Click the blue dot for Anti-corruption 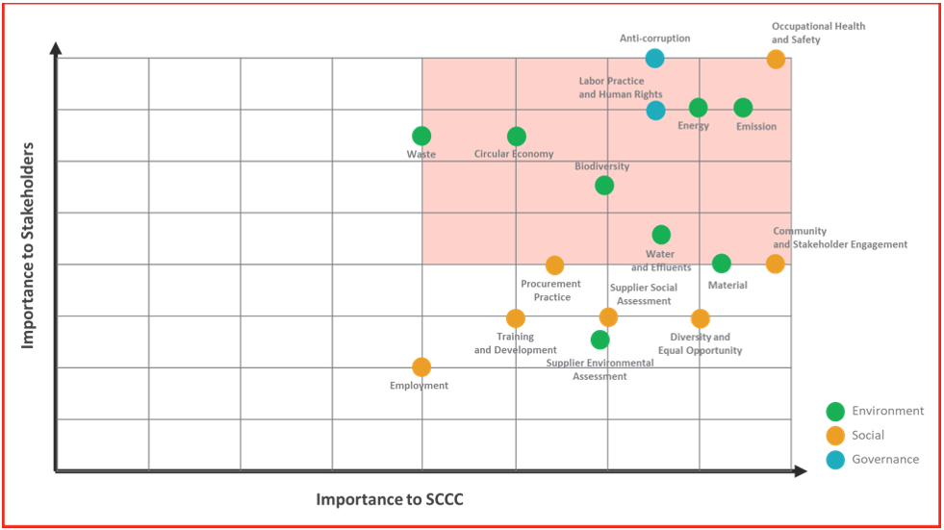[654, 58]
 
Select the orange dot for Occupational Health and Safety [776, 59]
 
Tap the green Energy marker [698, 108]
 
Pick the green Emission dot [743, 108]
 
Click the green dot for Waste [421, 137]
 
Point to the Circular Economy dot [517, 137]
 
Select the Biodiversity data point [604, 186]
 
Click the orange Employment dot [421, 367]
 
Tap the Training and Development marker [516, 318]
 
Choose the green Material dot [722, 264]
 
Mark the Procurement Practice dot [554, 265]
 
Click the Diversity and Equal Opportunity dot [700, 318]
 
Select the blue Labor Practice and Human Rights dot [655, 110]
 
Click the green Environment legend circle [835, 412]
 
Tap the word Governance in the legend [885, 460]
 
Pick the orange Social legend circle [835, 436]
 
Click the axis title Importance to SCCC [390, 499]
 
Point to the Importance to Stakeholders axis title [28, 245]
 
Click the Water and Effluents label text [661, 261]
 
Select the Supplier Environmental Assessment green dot [600, 340]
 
